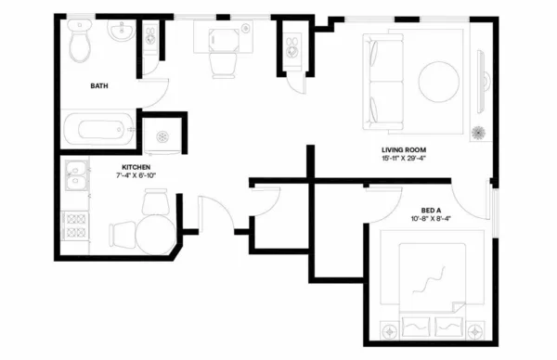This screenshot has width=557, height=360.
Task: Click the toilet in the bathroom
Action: (x=78, y=42)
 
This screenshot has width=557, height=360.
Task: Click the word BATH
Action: (x=99, y=86)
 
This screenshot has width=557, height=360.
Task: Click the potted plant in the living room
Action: (x=478, y=132)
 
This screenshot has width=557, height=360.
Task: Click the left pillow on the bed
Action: (x=414, y=325)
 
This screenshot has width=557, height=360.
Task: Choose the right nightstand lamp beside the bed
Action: (x=477, y=328)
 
